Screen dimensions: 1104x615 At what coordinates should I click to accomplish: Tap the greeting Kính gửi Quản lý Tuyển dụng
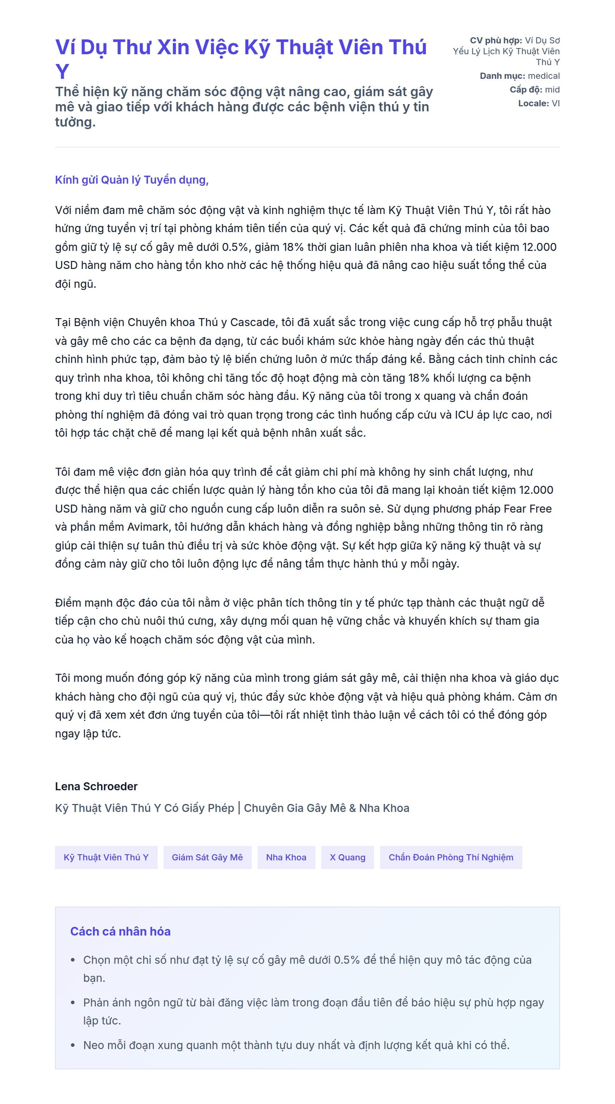coord(132,180)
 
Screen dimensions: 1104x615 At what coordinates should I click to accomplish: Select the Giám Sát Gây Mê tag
coord(207,857)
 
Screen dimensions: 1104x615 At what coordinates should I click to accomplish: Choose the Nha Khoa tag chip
coord(286,857)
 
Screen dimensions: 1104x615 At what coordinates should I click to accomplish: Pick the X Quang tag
coord(347,857)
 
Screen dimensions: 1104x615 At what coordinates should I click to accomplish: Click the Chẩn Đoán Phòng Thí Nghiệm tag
coord(451,857)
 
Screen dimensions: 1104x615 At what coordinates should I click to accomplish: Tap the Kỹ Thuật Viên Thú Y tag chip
coord(106,857)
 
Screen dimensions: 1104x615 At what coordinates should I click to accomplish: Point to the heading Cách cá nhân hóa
coord(120,931)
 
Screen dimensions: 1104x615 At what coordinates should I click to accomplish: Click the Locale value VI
coord(555,103)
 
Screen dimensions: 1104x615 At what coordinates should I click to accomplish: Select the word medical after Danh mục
coord(543,76)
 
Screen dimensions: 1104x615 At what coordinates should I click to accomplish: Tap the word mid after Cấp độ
coord(552,90)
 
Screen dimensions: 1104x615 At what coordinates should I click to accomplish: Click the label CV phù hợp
coord(496,40)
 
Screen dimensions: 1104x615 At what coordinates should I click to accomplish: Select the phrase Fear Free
coord(527,509)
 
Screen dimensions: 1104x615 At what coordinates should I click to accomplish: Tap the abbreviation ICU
coord(464,415)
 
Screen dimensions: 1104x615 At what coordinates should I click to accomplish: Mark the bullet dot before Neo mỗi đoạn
coord(73,1045)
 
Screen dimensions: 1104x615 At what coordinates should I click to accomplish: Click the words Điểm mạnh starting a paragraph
coord(81,603)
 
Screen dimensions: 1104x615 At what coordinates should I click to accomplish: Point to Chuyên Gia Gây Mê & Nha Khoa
coord(326,808)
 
